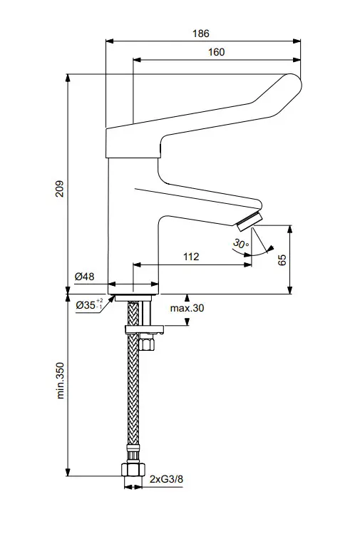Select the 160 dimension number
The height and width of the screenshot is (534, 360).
click(216, 52)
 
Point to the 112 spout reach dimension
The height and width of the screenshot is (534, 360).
click(190, 256)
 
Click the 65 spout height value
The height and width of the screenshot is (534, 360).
click(282, 260)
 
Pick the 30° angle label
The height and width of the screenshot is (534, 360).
click(240, 244)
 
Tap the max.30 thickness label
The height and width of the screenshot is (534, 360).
click(186, 308)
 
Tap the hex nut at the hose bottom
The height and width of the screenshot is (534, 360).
click(132, 471)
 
